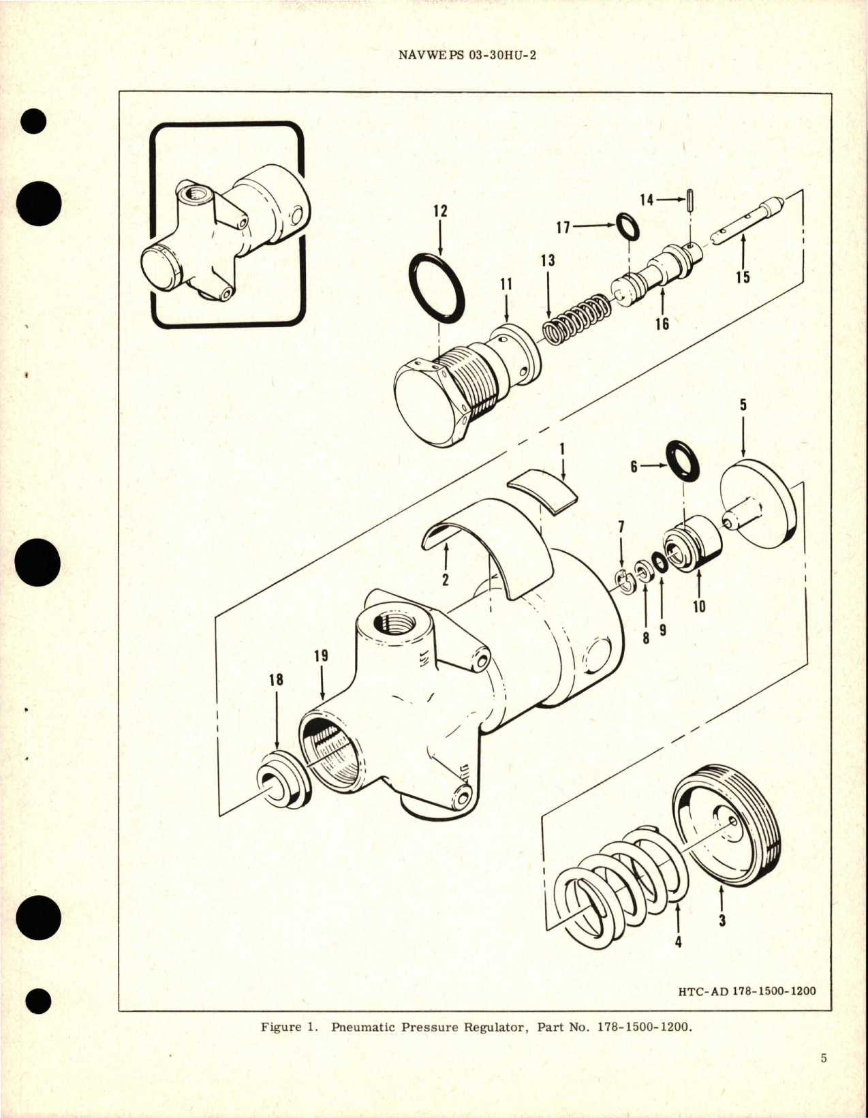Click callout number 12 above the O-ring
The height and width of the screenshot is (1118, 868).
[x=440, y=211]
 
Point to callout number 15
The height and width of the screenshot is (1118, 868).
[x=743, y=277]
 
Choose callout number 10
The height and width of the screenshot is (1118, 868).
[x=699, y=605]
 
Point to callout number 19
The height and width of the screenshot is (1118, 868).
[x=321, y=655]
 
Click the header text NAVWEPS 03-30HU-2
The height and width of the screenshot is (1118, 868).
[x=466, y=56]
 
